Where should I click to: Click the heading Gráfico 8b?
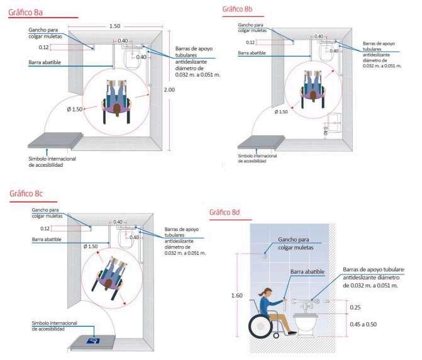tap(237, 8)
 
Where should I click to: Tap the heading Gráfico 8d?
tap(225, 212)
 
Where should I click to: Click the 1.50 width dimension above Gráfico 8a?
tap(114, 26)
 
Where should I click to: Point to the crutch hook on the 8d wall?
tap(265, 256)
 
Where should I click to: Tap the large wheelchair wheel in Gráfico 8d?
tap(260, 325)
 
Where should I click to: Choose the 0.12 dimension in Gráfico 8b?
tap(250, 42)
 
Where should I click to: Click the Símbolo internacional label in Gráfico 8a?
tap(52, 162)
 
